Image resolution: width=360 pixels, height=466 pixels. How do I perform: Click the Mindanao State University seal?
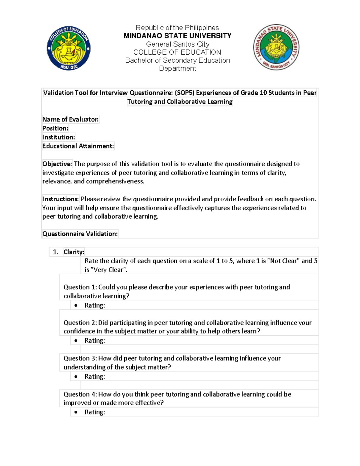pos(276,47)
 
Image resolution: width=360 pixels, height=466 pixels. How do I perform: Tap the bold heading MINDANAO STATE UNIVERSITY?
pos(177,36)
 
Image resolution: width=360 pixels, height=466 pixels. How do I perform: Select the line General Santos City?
pos(177,44)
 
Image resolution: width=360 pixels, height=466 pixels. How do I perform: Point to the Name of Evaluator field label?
pos(70,119)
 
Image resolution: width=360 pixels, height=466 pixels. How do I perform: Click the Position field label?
pos(55,128)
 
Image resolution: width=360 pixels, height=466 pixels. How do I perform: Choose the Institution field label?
pos(58,137)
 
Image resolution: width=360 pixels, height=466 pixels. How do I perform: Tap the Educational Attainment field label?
pos(78,146)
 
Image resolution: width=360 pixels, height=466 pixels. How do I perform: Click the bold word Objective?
pos(57,164)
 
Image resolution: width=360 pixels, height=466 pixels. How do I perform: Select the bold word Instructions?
pos(60,199)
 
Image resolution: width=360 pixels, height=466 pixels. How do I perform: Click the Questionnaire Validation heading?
pos(80,234)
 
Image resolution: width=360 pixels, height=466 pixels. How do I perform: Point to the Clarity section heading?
pos(74,252)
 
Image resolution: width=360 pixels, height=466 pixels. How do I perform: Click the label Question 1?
pos(80,287)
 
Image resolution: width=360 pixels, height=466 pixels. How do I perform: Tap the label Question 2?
pos(80,323)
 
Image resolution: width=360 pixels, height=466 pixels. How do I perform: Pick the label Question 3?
pos(80,358)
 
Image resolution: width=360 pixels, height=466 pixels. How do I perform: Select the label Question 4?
pos(80,394)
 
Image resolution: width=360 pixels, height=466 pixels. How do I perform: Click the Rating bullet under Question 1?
pos(94,305)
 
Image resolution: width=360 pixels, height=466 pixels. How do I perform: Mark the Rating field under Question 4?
pos(94,412)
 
